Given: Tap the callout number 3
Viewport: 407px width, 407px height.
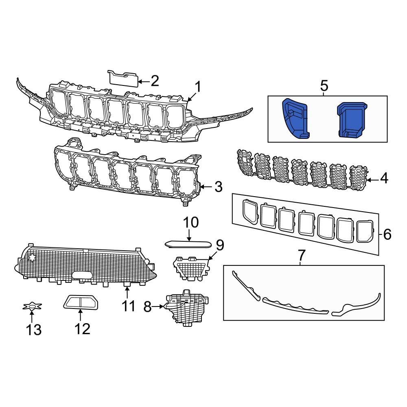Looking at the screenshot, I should (x=218, y=187).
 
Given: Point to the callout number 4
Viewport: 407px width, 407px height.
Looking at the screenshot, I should (x=384, y=178).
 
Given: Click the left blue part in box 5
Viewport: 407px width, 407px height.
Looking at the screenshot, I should (x=295, y=118).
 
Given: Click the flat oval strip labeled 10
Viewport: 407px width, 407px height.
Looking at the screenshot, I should (x=188, y=244).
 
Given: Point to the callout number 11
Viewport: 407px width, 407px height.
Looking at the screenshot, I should (x=129, y=305).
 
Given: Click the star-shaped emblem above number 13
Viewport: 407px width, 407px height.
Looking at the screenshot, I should (x=31, y=306).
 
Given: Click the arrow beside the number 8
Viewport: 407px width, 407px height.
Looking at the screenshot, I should (x=158, y=306).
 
